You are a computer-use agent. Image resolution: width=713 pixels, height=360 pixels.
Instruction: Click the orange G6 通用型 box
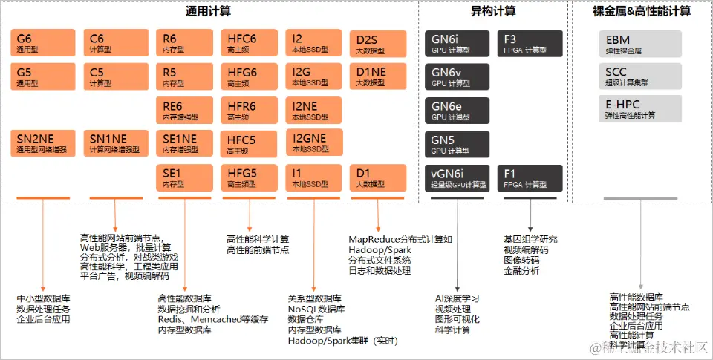pyautogui.click(x=43, y=43)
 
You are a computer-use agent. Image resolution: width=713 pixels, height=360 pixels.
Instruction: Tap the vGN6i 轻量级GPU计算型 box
pyautogui.click(x=457, y=178)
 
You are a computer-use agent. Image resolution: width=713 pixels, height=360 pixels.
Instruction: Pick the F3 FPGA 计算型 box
pyautogui.click(x=530, y=44)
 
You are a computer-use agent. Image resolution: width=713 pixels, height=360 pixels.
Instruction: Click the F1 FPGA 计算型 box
pyautogui.click(x=530, y=178)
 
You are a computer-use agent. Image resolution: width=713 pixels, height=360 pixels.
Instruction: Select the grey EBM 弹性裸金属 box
pyautogui.click(x=639, y=44)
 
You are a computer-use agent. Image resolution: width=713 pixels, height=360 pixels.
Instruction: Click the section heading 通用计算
pyautogui.click(x=207, y=11)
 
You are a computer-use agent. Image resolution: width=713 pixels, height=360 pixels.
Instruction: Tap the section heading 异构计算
pyautogui.click(x=492, y=11)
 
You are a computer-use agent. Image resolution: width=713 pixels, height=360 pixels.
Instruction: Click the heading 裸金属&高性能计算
pyautogui.click(x=641, y=11)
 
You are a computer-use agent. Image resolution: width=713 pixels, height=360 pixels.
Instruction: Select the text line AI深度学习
pyautogui.click(x=457, y=298)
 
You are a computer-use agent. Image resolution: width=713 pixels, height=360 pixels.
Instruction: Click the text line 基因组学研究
pyautogui.click(x=530, y=240)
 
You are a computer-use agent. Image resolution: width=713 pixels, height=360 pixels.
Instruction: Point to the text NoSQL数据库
pyautogui.click(x=316, y=309)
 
